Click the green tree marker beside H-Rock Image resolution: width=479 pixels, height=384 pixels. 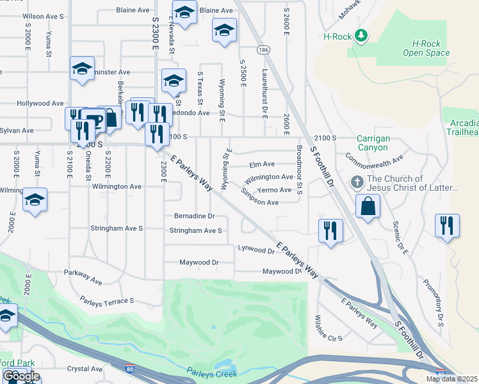tap(362, 36)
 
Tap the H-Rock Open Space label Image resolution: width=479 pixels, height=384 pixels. tap(426, 48)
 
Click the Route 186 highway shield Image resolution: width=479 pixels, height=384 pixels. tap(262, 49)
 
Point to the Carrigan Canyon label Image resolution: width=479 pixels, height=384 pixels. tap(373, 142)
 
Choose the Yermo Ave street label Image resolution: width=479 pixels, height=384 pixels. tap(275, 190)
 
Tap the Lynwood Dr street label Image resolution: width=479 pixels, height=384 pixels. tap(256, 249)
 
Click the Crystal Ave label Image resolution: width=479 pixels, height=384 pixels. tap(86, 369)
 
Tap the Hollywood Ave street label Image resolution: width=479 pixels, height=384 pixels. tap(40, 103)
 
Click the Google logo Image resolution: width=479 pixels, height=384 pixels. tap(20, 376)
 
